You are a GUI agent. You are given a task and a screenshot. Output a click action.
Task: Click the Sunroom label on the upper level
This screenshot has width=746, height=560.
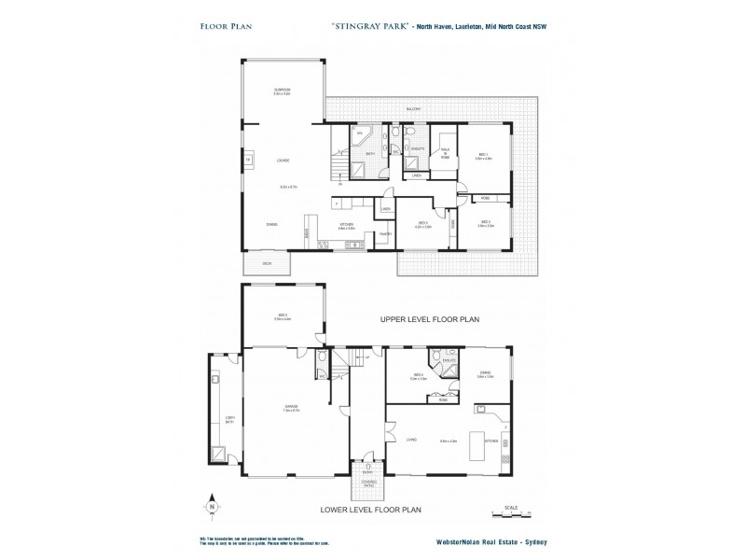point(282,91)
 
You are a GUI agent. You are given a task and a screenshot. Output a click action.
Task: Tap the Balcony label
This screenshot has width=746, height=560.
point(413,109)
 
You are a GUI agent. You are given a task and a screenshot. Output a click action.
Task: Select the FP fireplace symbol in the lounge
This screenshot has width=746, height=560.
point(248,161)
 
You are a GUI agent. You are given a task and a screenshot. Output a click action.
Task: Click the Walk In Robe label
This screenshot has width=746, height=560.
point(446,155)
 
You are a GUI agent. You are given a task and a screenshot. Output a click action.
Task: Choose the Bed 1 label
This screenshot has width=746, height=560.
point(483,155)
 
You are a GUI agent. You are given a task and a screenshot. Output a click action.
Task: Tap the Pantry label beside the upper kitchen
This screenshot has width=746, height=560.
point(383,234)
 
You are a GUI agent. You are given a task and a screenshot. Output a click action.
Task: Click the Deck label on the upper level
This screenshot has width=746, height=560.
point(267,264)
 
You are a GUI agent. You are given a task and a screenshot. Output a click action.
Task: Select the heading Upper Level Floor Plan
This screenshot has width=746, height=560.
point(429,319)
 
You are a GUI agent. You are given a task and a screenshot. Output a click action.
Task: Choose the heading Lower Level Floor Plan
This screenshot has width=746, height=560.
point(370,510)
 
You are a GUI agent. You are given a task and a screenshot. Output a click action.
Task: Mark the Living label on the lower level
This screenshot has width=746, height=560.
point(411,440)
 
